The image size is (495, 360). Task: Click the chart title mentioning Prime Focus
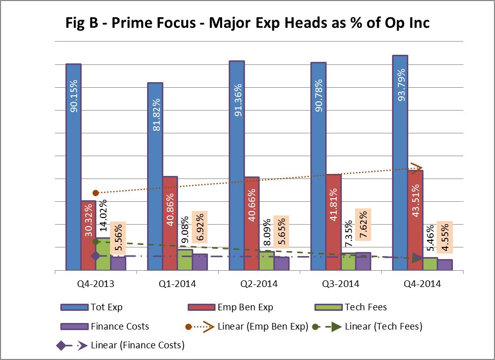click(x=247, y=23)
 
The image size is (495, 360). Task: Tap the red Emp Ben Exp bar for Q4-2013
click(x=88, y=235)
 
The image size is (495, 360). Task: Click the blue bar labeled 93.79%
click(x=400, y=162)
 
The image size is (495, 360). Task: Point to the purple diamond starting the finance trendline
click(x=95, y=256)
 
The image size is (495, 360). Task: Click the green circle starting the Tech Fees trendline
click(x=96, y=242)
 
